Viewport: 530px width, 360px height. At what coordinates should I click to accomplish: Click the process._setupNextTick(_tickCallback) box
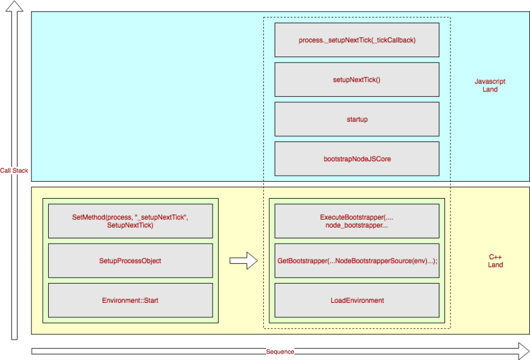[357, 40]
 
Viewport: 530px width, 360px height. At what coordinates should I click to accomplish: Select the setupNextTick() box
[357, 79]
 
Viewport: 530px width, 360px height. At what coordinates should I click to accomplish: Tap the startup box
[357, 119]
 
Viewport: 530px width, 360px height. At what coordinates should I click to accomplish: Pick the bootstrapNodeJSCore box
[357, 159]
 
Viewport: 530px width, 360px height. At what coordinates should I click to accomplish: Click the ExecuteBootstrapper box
[357, 221]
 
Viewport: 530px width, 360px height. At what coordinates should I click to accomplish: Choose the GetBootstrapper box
[357, 261]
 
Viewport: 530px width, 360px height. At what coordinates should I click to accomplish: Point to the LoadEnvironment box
[357, 300]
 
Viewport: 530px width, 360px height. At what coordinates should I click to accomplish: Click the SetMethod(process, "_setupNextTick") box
[131, 221]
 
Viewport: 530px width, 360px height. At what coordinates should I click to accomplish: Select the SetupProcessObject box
[131, 261]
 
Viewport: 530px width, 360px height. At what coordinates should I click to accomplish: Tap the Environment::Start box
[131, 300]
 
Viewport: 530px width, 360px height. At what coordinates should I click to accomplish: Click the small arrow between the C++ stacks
[243, 261]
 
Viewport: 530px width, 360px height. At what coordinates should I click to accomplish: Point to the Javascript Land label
[490, 85]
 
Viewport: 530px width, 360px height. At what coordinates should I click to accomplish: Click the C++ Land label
[495, 261]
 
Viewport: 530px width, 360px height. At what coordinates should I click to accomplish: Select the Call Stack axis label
[14, 170]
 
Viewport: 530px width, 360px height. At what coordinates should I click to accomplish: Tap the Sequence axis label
[280, 352]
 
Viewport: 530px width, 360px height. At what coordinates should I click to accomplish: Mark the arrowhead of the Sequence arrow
[524, 351]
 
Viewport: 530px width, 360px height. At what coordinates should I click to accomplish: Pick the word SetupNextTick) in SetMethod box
[130, 225]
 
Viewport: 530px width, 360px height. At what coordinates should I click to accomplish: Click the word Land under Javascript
[490, 89]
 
